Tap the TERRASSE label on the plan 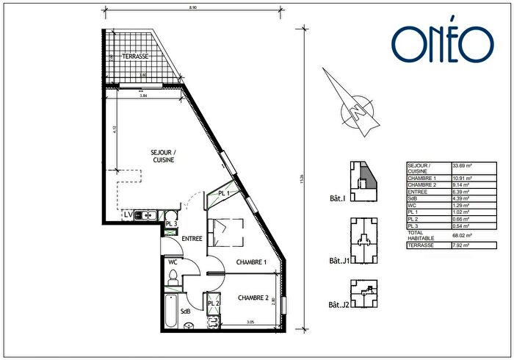pyautogui.click(x=136, y=56)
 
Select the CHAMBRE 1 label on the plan pyautogui.click(x=250, y=262)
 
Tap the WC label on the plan pyautogui.click(x=173, y=262)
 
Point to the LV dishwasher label pyautogui.click(x=128, y=215)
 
